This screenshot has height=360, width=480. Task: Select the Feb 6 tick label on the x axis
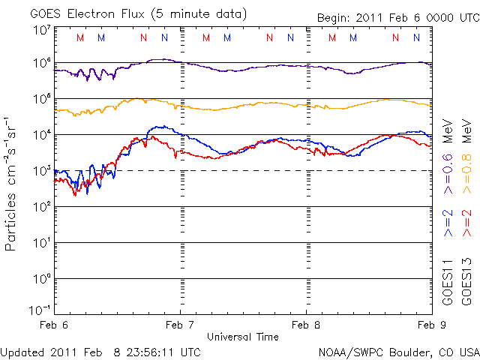[x=54, y=325]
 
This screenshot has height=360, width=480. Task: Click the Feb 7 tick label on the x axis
[x=180, y=325]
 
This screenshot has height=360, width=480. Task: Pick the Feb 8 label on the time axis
[x=306, y=325]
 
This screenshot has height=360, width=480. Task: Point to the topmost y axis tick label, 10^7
[x=40, y=29]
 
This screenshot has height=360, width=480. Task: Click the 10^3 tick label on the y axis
[x=40, y=172]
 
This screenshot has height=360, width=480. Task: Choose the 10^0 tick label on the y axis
[x=40, y=280]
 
